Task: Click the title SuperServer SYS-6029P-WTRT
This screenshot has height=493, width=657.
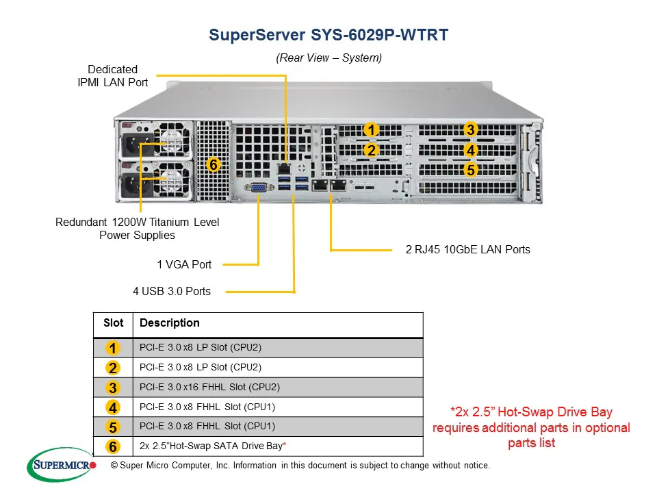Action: (x=328, y=35)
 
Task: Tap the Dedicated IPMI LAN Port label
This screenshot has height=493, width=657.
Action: (x=112, y=76)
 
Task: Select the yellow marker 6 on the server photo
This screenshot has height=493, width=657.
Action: (x=214, y=165)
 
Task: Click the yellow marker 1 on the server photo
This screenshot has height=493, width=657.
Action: (x=370, y=129)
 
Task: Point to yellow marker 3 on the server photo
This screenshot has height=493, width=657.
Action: (x=470, y=129)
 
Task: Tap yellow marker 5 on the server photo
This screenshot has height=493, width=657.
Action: (x=470, y=170)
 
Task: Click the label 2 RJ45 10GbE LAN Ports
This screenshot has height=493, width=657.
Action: (x=467, y=249)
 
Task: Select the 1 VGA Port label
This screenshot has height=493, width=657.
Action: (x=184, y=264)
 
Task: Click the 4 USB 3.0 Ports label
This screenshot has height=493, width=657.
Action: (x=172, y=291)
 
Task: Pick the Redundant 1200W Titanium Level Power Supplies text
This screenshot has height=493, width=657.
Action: (x=137, y=229)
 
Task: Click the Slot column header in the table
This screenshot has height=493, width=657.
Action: (x=113, y=323)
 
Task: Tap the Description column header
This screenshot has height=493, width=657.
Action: (x=170, y=323)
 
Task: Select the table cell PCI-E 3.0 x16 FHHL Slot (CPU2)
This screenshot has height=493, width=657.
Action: (x=209, y=387)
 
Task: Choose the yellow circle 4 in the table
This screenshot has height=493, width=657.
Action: (x=113, y=407)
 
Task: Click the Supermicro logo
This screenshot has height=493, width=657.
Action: (x=62, y=466)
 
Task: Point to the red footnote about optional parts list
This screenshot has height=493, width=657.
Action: (x=531, y=427)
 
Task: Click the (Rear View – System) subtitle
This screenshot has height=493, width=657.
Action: (x=328, y=58)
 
